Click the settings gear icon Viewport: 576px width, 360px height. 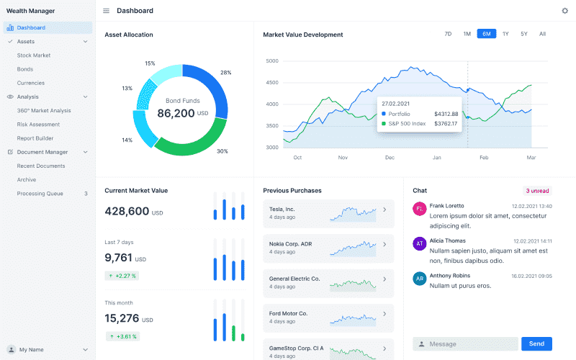564,11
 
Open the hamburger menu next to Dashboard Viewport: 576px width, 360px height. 106,11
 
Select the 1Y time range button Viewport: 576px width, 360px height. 505,34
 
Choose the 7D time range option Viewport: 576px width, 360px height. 448,34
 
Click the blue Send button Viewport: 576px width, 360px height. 536,344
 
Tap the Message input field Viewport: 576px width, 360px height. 465,344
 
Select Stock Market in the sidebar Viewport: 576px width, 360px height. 34,55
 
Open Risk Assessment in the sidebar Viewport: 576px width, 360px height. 38,125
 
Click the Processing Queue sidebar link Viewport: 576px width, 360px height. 40,194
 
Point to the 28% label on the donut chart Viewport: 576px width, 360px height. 225,73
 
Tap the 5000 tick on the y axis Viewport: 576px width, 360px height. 272,61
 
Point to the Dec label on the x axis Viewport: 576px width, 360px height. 390,158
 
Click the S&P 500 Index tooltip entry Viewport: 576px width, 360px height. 407,124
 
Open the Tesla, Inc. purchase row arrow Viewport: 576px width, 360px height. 384,210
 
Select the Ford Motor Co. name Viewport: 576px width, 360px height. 288,314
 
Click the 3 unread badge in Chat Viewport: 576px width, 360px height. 537,191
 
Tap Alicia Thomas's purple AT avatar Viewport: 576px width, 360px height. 420,243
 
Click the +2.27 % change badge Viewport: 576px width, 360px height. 122,276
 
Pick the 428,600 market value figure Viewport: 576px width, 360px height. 127,211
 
